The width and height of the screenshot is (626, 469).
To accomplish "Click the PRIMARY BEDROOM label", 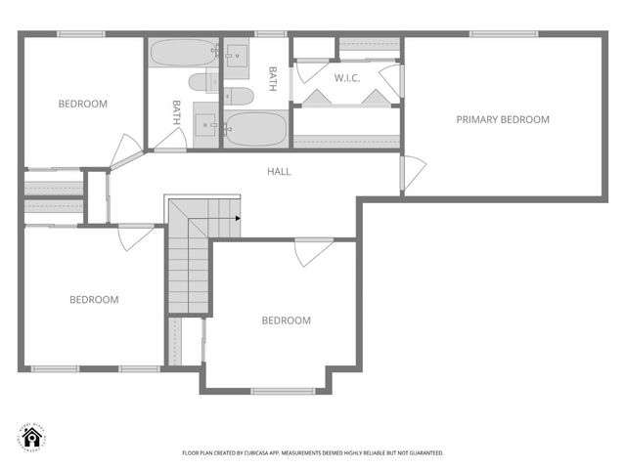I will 503,119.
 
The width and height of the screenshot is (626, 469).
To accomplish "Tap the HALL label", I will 279,171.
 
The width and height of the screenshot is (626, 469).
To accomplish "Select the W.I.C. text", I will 347,77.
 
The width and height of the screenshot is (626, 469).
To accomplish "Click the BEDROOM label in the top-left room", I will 82,104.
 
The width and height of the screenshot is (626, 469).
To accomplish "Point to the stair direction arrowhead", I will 238,218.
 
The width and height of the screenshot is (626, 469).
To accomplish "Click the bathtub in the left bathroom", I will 184,52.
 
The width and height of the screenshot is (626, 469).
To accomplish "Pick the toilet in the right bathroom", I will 239,95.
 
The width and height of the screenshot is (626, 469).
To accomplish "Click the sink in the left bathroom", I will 207,123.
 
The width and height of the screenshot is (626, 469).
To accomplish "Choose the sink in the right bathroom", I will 238,53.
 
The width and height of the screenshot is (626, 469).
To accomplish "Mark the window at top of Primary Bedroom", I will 503,34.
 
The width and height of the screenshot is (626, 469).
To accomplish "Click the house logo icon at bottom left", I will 28,437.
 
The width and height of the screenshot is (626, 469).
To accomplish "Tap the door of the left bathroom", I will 170,149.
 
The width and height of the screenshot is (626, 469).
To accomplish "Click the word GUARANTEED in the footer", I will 424,453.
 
